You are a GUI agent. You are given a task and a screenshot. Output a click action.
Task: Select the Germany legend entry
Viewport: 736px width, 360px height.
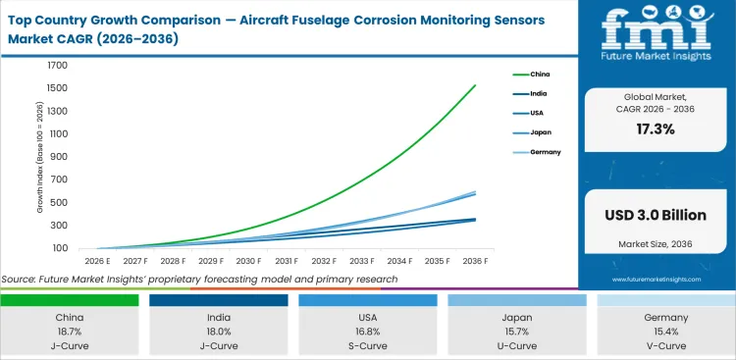545,152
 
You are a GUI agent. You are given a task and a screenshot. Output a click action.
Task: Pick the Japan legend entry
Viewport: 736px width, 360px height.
541,132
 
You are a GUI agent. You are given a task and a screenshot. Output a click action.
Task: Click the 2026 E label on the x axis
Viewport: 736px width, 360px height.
95,262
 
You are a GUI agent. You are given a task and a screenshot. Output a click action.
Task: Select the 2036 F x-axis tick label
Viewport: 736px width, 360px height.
474,262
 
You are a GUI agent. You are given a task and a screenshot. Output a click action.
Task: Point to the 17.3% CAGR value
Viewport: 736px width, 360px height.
655,128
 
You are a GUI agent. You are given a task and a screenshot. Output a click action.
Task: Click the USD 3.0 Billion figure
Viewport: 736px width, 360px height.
655,215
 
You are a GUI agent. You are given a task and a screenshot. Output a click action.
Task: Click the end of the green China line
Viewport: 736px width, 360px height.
475,85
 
